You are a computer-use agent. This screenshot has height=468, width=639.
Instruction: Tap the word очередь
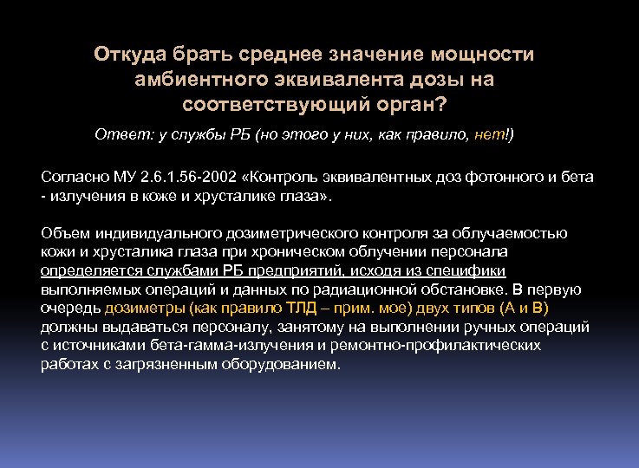pyautogui.click(x=71, y=308)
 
